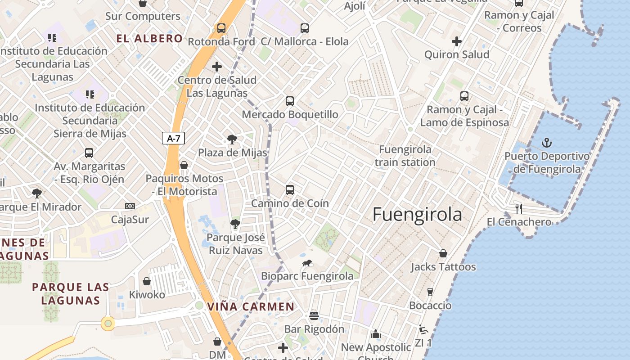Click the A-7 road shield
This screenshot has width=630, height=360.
(173, 138)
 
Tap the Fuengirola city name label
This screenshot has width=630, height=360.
(417, 215)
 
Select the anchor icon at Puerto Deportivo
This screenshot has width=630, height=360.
(547, 143)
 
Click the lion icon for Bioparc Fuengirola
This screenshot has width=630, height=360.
(307, 263)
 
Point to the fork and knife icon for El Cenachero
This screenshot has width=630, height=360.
(519, 209)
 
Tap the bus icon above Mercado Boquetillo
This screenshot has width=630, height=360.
(290, 101)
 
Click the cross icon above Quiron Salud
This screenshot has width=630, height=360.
(457, 41)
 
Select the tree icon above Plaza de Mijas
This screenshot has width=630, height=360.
(232, 139)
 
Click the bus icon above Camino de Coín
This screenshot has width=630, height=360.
(290, 190)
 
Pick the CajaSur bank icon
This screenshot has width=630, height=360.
(130, 206)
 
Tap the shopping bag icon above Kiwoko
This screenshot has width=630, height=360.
(147, 282)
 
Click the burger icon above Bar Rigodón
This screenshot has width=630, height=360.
(314, 316)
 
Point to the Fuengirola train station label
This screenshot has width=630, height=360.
(405, 156)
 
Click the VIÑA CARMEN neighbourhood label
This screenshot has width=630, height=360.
(251, 307)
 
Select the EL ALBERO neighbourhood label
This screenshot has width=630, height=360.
(149, 39)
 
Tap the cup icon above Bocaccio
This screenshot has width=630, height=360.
(430, 292)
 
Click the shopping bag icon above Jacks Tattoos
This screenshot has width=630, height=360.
(443, 253)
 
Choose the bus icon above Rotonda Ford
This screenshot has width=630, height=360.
(221, 28)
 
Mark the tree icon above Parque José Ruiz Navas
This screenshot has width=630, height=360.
(235, 224)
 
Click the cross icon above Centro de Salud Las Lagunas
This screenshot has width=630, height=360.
(217, 67)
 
